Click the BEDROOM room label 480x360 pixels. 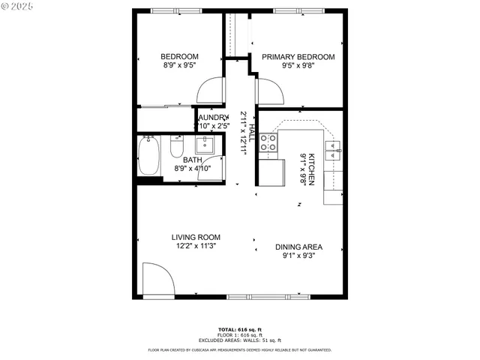180,57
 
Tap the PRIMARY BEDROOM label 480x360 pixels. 298,57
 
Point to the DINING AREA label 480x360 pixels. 300,247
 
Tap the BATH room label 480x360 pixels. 192,160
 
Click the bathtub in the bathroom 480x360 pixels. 149,157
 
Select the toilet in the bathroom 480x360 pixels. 177,148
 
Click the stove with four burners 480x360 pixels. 268,143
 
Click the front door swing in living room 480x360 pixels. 157,279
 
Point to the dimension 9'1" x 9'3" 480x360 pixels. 300,256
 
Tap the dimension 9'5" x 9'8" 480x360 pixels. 298,66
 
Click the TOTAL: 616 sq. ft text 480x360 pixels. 240,330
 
